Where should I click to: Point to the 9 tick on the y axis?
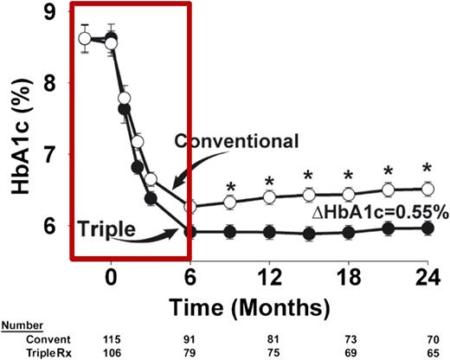click(51, 13)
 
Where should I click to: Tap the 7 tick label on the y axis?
click(51, 156)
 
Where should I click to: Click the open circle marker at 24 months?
click(427, 189)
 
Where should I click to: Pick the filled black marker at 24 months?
click(427, 228)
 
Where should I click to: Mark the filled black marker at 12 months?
click(269, 232)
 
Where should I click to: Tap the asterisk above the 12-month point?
click(269, 181)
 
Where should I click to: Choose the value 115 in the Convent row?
click(110, 340)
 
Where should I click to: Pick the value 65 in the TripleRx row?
click(427, 353)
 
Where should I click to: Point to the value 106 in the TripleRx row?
click(110, 353)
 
